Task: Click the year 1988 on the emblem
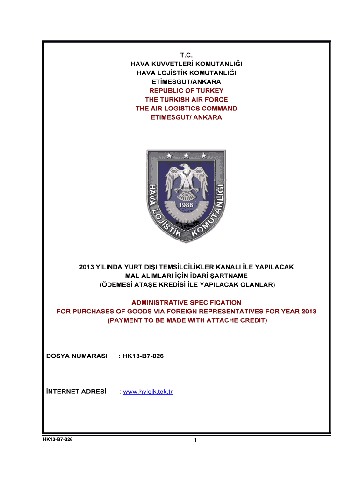pyautogui.click(x=186, y=205)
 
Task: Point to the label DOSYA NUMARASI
pyautogui.click(x=77, y=356)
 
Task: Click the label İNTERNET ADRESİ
pyautogui.click(x=77, y=392)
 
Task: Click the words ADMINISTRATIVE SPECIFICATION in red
pyautogui.click(x=187, y=302)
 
